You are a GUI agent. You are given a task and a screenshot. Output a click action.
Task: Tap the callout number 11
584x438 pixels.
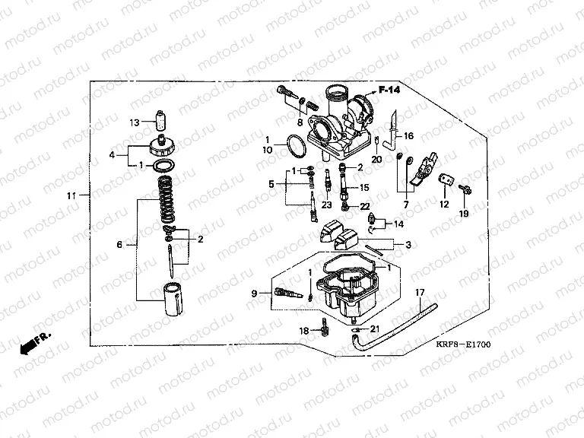(x=71, y=196)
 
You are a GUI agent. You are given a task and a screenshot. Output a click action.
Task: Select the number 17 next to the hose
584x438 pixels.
(x=419, y=293)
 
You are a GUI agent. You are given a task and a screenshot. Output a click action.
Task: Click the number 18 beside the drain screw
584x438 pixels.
(x=304, y=331)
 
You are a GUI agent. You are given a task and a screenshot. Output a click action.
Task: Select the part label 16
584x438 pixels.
(x=408, y=136)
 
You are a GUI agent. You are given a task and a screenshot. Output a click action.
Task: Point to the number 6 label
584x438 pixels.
(x=119, y=245)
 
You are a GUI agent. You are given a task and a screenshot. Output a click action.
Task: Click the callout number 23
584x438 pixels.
(x=326, y=205)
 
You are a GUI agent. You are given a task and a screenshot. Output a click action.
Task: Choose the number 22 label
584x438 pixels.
(x=364, y=206)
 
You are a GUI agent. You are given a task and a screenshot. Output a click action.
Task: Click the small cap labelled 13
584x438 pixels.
(x=160, y=121)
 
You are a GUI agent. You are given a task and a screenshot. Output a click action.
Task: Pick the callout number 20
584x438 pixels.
(x=376, y=159)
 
